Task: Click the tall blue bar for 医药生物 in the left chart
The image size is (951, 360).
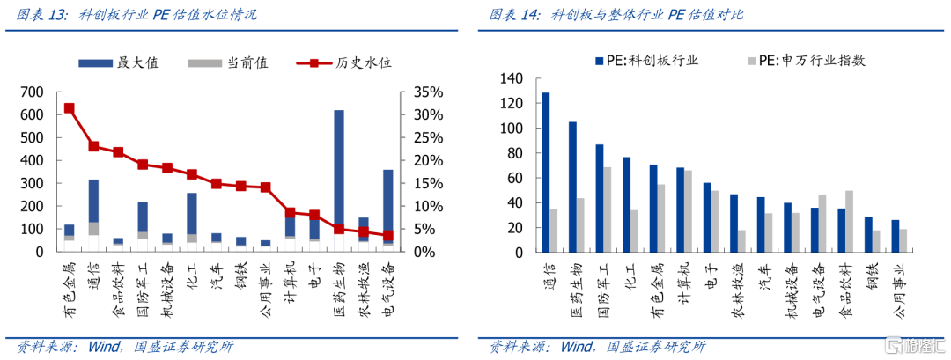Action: pyautogui.click(x=339, y=167)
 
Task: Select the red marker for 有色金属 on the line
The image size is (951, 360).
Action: pyautogui.click(x=69, y=108)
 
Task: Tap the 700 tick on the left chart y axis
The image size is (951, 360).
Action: pyautogui.click(x=32, y=92)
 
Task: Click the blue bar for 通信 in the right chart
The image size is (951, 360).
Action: pyautogui.click(x=546, y=173)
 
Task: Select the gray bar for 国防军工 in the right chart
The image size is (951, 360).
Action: pyautogui.click(x=608, y=209)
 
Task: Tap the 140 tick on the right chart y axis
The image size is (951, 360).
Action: pyautogui.click(x=511, y=79)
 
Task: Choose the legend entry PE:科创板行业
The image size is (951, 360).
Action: pyautogui.click(x=645, y=60)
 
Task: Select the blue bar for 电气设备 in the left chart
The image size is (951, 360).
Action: pyautogui.click(x=388, y=202)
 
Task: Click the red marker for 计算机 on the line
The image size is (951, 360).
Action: pyautogui.click(x=290, y=212)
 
